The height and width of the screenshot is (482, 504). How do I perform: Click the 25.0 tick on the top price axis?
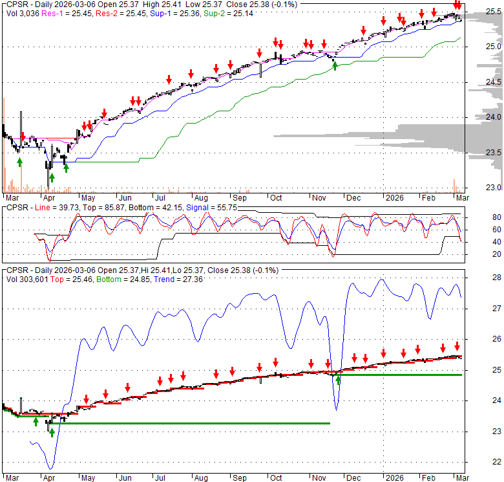coord(477,47)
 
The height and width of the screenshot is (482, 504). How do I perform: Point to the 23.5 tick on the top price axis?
coord(477,153)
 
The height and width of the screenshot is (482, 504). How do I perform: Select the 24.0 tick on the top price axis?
coord(477,117)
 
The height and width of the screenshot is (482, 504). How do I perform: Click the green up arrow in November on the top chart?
coord(334,65)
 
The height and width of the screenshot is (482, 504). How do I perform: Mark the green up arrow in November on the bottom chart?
coord(337,380)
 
